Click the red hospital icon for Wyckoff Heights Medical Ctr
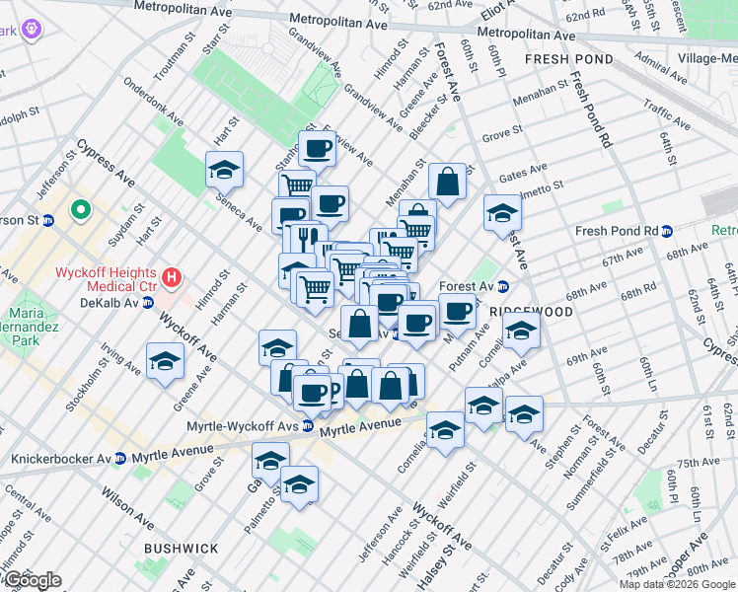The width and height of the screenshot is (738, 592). point(173,279)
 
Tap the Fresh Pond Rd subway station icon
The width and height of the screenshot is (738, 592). point(667,232)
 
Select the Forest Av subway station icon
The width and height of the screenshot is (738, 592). point(502,287)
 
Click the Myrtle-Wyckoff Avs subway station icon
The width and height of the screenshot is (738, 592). point(308,426)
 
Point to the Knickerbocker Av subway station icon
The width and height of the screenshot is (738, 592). point(119,459)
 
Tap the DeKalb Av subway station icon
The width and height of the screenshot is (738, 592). point(148,302)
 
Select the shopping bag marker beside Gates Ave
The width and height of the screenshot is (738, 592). point(447,182)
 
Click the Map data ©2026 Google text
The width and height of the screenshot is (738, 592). point(677,584)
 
